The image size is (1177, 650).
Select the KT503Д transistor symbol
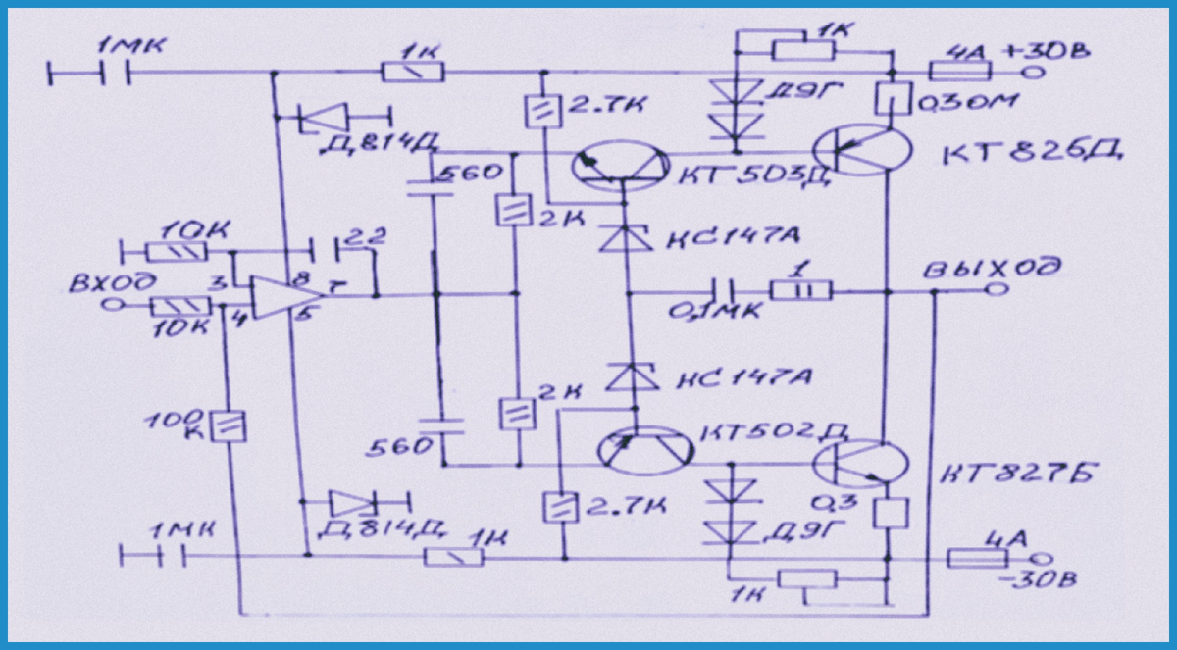[619, 162]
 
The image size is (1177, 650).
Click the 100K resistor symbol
[234, 425]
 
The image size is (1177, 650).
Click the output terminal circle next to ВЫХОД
[998, 291]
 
